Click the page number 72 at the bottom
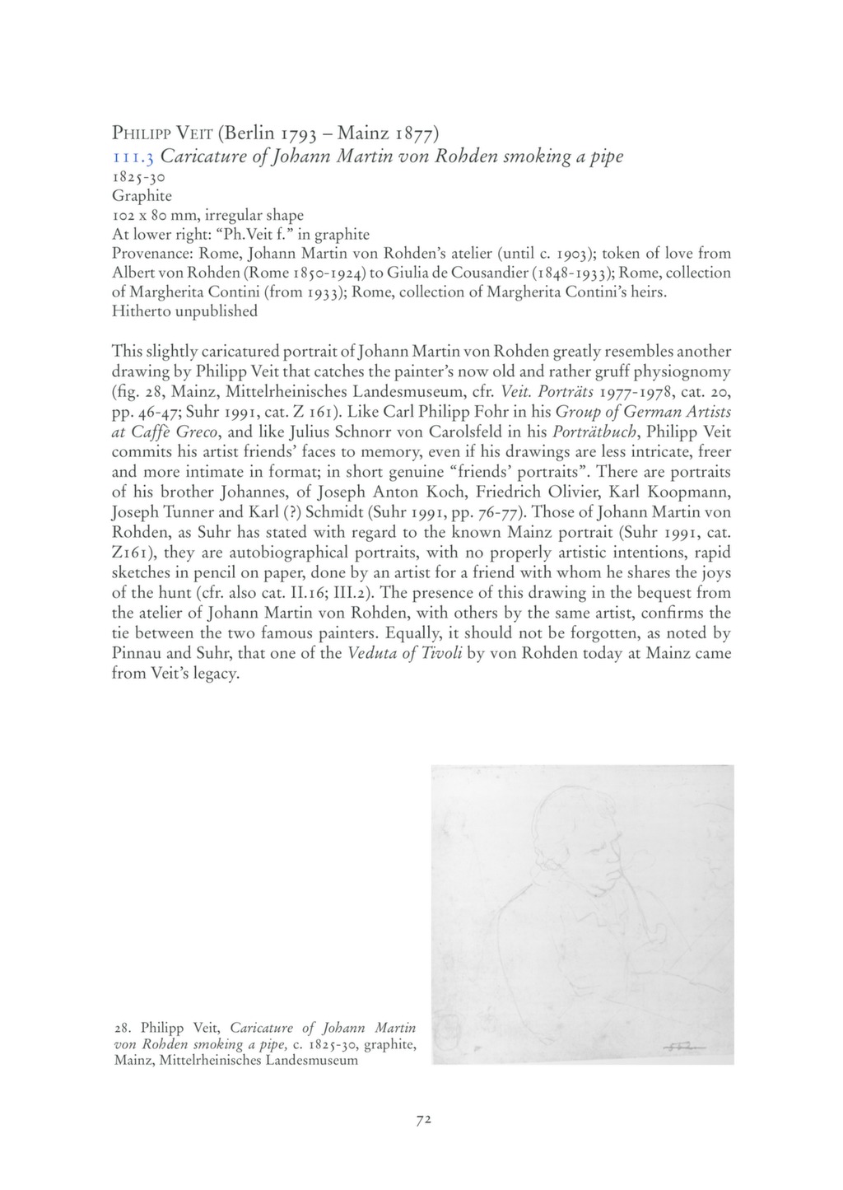tap(425, 1120)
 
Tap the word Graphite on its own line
tap(142, 195)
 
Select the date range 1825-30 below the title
tap(140, 176)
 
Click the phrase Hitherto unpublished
tap(184, 311)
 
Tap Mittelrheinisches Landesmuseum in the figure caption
tap(258, 1060)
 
